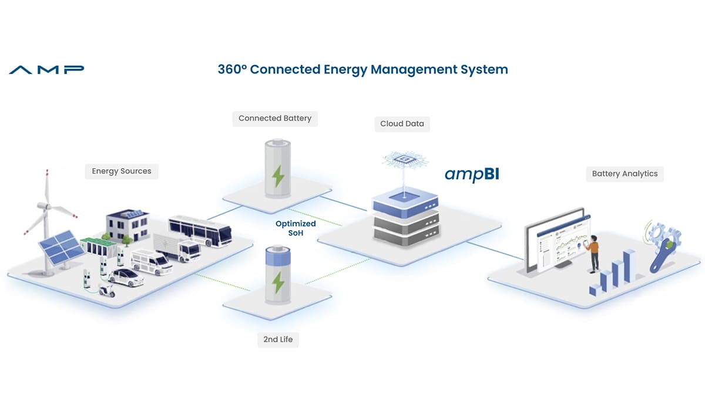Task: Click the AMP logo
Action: coord(46,70)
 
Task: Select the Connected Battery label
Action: coord(274,118)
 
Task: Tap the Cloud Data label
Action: coord(402,124)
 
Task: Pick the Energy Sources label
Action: coord(122,171)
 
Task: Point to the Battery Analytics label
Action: coord(625,174)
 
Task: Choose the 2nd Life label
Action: coord(278,339)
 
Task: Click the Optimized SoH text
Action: coord(296,228)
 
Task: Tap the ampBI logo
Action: coord(471,174)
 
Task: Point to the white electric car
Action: coord(126,277)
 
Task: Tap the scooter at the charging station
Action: coord(106,289)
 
